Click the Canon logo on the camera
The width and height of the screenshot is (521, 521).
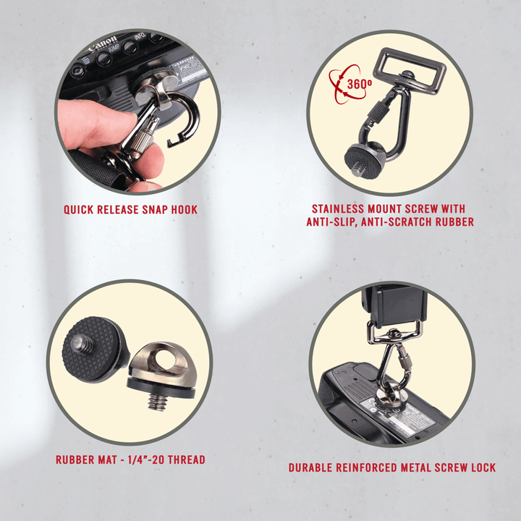(103, 45)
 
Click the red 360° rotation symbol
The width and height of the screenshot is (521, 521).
(349, 84)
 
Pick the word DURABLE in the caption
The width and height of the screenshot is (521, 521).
(310, 468)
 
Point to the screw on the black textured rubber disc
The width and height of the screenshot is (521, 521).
(80, 344)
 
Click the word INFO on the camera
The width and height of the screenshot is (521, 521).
(139, 36)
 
